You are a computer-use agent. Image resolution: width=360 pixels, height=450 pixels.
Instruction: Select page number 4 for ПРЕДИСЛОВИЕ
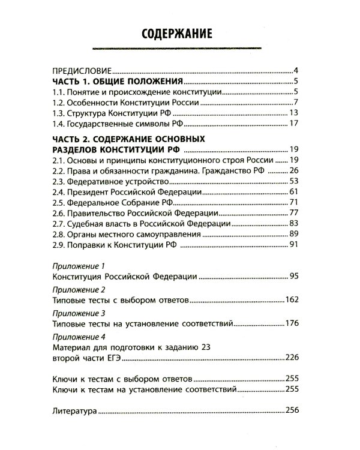tap(296, 70)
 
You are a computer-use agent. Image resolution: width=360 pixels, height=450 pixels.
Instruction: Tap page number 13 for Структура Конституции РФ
tap(293, 113)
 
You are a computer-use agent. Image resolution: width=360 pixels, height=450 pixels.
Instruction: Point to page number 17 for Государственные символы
tap(293, 124)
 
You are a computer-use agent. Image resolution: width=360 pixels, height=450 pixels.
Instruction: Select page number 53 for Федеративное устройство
tap(293, 181)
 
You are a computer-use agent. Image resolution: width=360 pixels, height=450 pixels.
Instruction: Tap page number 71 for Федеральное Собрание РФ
tap(293, 203)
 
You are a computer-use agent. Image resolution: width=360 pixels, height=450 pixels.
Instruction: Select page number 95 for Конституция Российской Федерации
tap(293, 277)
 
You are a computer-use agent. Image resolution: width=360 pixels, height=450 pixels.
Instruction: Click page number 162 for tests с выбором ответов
tap(292, 298)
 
